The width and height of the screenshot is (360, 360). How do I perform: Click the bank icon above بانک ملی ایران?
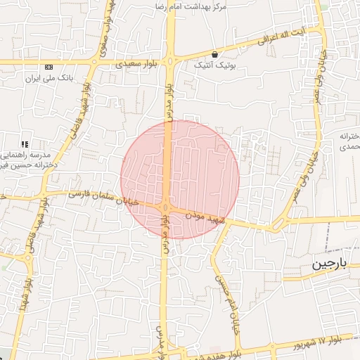click(49, 67)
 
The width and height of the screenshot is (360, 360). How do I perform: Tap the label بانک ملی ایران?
click(49, 78)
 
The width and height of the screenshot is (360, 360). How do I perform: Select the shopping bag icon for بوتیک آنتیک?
click(214, 54)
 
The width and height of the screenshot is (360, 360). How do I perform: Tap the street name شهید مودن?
click(207, 219)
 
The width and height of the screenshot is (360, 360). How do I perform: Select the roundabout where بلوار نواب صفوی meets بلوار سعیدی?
click(95, 61)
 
